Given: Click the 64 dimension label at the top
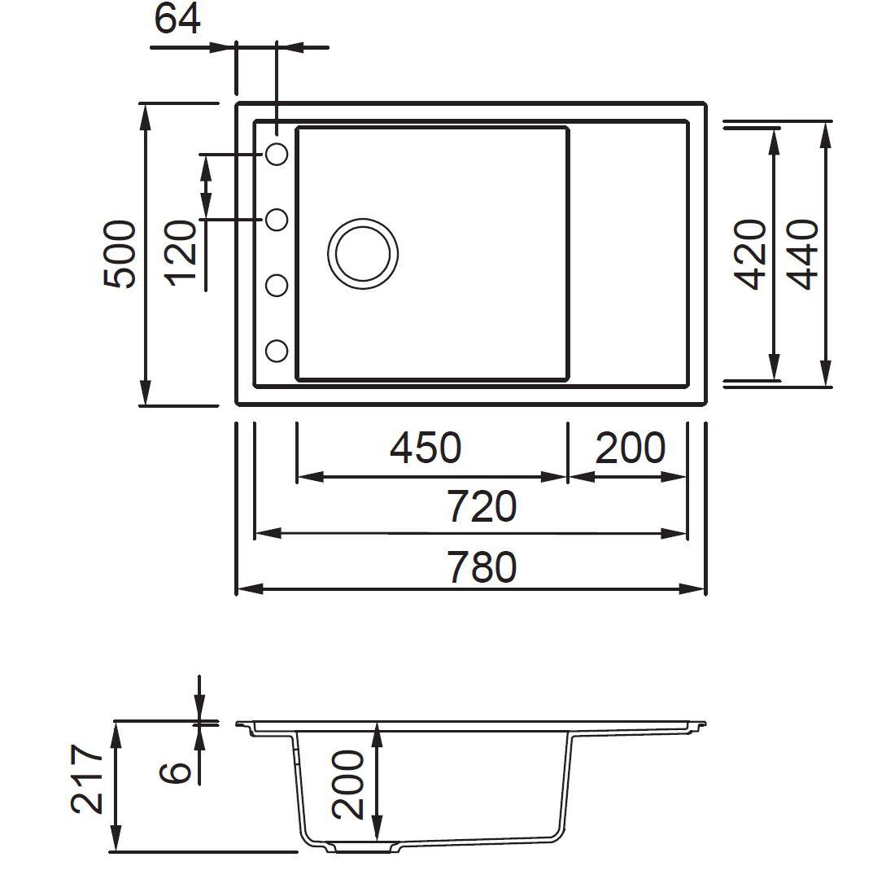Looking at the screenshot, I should [x=177, y=19].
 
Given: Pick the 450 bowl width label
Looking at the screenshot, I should [x=426, y=448].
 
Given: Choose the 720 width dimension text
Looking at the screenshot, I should [x=481, y=508].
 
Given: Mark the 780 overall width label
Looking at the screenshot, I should [x=481, y=567].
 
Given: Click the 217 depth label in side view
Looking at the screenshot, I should [x=88, y=779].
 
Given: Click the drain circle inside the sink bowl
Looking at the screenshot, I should [x=363, y=252].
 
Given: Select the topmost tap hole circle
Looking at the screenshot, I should [x=277, y=154].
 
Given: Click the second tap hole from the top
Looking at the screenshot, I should [x=277, y=220].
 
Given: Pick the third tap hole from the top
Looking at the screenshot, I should [x=277, y=286].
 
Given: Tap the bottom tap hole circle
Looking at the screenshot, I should [x=277, y=351].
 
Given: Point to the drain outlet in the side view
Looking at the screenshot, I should [x=364, y=848].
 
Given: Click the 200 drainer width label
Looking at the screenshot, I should [x=630, y=448].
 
